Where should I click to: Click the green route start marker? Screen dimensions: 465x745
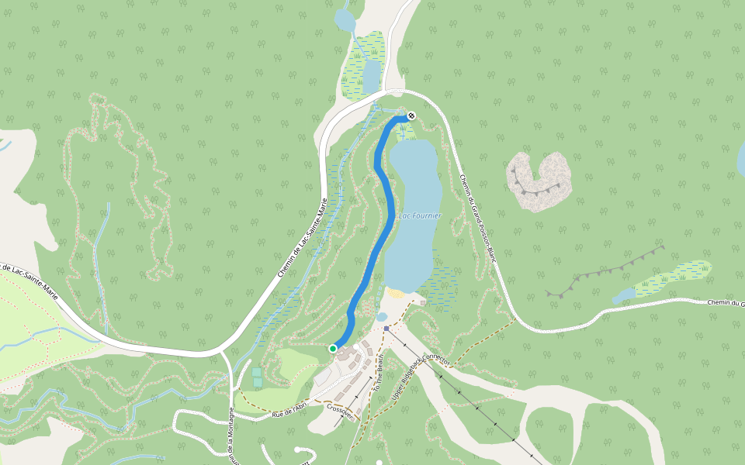tap(333, 349)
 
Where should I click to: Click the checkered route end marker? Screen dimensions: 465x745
tap(411, 116)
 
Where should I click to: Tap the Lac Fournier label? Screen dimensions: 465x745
tap(419, 215)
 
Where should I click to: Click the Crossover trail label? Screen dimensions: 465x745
tap(341, 411)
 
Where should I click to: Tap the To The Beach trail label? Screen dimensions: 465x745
tap(379, 372)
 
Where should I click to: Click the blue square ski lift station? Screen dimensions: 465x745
tap(386, 329)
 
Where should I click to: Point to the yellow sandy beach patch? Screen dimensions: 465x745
tap(395, 294)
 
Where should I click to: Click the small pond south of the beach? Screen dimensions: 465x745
tap(381, 317)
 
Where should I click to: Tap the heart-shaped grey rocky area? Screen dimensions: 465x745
tap(539, 181)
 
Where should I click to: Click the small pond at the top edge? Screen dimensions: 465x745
tap(343, 19)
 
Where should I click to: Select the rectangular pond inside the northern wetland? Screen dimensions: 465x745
tap(371, 76)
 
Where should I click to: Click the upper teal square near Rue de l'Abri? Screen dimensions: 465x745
tap(257, 372)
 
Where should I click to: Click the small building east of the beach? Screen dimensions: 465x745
tap(422, 302)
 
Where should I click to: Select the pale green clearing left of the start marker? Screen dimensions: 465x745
tap(291, 364)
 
